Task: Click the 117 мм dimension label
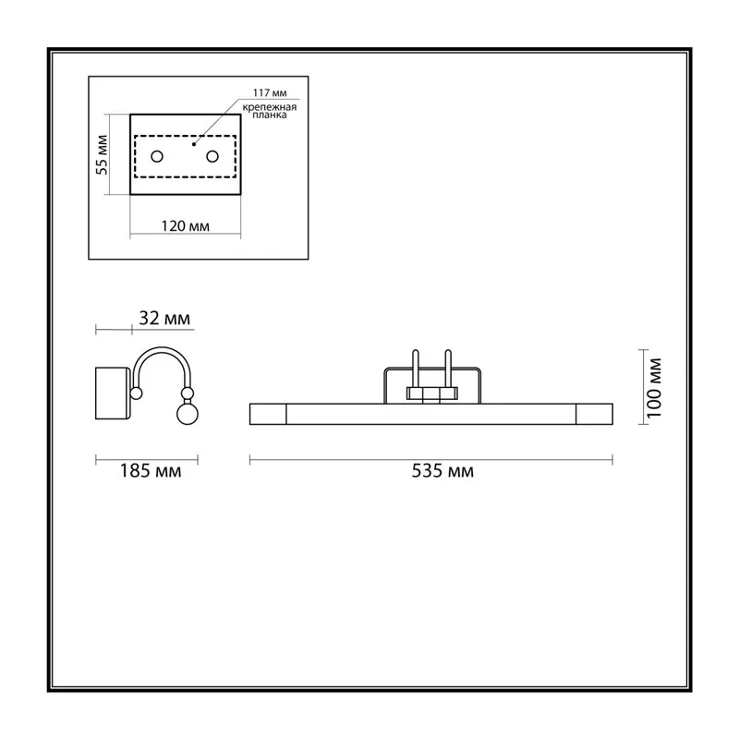[270, 93]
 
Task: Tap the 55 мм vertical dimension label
[103, 154]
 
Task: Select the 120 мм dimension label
[186, 226]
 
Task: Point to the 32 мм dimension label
[164, 319]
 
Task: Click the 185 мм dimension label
[151, 471]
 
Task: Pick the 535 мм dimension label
[442, 471]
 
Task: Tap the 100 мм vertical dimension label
[654, 388]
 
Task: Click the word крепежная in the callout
[270, 107]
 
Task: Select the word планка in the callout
[269, 115]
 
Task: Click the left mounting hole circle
[157, 156]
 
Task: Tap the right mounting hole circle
[212, 156]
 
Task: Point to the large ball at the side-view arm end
[188, 414]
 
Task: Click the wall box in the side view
[113, 394]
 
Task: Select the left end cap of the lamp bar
[268, 414]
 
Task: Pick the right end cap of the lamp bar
[594, 414]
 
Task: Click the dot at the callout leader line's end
[194, 144]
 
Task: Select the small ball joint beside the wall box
[136, 394]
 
